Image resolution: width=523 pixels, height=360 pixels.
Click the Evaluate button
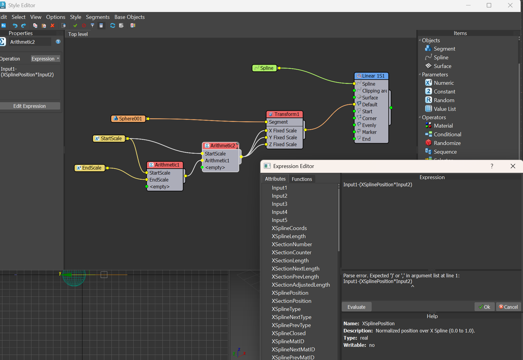point(356,307)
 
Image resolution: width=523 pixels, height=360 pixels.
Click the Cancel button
point(508,307)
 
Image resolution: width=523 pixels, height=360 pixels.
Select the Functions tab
point(302,179)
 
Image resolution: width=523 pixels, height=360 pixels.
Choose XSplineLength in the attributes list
point(289,236)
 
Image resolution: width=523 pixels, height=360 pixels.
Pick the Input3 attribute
point(279,204)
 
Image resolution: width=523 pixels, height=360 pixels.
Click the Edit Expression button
point(30,106)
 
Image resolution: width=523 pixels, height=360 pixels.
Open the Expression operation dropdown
point(45,59)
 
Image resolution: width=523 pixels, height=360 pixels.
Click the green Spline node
point(264,68)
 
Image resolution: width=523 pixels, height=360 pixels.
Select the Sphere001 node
point(128,119)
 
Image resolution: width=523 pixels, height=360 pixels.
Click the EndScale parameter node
point(90,168)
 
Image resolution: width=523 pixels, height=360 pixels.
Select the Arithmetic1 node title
point(165,165)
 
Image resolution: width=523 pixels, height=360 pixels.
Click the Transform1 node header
point(284,114)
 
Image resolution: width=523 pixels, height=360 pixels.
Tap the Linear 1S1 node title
point(371,76)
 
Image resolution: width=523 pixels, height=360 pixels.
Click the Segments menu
point(98,17)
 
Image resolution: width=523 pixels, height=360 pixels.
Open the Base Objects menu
point(129,17)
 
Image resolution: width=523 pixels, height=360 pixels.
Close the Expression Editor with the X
point(513,166)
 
